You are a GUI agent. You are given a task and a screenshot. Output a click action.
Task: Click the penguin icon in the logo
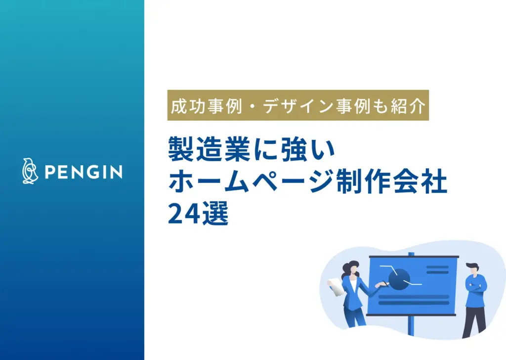(30, 171)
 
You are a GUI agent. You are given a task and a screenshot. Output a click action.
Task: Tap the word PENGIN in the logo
(83, 172)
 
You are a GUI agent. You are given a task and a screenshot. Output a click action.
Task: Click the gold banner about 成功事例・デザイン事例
(297, 105)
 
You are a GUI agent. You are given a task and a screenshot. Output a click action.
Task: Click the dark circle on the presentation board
(399, 279)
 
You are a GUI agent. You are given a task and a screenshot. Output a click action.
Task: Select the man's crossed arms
(475, 286)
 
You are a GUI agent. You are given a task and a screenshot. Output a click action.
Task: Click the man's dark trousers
(473, 319)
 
